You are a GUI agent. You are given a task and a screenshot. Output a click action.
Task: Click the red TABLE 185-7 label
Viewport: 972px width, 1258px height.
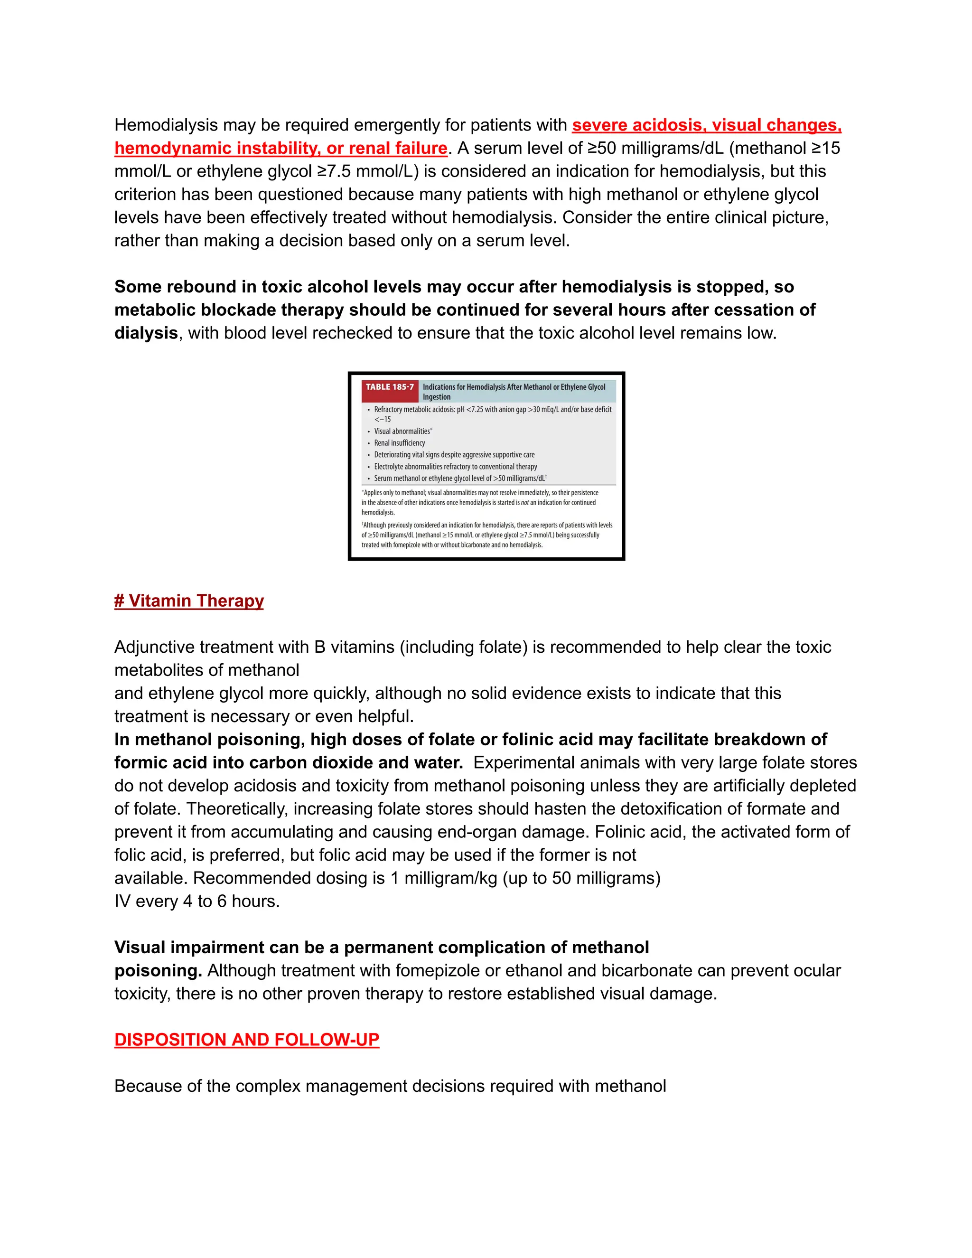tap(390, 387)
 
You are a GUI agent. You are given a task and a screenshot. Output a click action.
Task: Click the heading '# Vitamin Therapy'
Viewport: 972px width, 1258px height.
tap(189, 601)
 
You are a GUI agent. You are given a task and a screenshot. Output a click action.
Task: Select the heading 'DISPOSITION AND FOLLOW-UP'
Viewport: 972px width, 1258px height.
tap(246, 1040)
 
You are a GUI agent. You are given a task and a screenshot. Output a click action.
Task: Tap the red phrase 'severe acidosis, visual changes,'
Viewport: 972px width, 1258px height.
tap(707, 125)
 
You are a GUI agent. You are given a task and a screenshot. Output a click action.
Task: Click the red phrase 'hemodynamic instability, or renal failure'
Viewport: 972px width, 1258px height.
tap(280, 148)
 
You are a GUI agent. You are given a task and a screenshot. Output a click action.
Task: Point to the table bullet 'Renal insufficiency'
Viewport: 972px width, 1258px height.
tap(399, 443)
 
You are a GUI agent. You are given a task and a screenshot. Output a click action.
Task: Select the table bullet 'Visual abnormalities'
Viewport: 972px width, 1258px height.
tap(402, 431)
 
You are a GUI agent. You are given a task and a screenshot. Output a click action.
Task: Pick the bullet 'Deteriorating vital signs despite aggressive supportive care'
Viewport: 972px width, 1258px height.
tap(454, 454)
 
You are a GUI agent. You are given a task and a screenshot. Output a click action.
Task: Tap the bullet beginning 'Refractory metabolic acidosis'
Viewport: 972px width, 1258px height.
tap(492, 410)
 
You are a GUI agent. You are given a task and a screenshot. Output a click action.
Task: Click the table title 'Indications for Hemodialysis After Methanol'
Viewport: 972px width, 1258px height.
tap(514, 387)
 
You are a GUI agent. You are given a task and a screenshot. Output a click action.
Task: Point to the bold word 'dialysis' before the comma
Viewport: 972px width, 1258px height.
tap(146, 333)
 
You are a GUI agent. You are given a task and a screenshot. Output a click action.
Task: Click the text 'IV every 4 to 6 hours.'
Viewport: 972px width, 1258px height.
tap(197, 901)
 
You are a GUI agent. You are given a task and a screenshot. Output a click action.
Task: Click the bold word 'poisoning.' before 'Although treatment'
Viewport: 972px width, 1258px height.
tap(158, 971)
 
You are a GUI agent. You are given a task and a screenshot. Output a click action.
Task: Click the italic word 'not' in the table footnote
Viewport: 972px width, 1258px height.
tap(524, 503)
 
